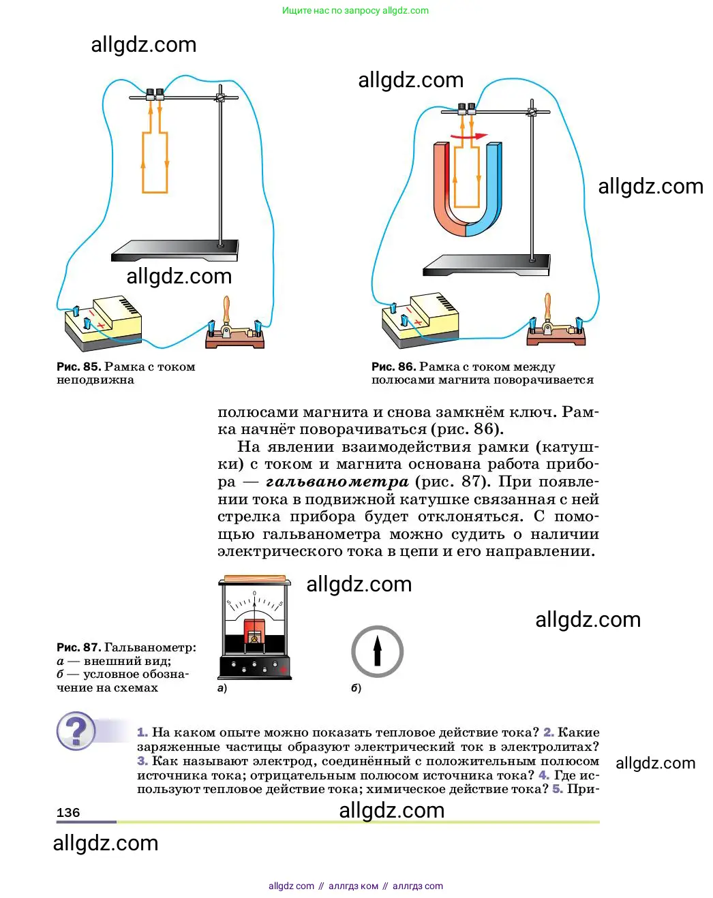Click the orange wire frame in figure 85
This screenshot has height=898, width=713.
point(155,162)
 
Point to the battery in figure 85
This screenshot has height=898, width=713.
point(104,322)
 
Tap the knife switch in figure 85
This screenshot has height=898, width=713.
point(234,330)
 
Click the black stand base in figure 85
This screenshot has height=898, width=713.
point(175,250)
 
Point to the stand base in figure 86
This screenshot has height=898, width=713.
point(487,264)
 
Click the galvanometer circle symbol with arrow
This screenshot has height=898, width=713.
point(377,651)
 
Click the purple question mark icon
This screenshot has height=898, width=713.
point(76,731)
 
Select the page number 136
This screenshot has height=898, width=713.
point(68,812)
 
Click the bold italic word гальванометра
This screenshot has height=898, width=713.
point(337,482)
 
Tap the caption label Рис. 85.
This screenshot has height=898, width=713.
point(78,367)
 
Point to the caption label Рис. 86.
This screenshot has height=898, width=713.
point(393,367)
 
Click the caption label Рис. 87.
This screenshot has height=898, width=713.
point(78,647)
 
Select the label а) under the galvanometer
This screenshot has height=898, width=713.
point(222,688)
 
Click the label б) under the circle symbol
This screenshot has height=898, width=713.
point(356,688)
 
